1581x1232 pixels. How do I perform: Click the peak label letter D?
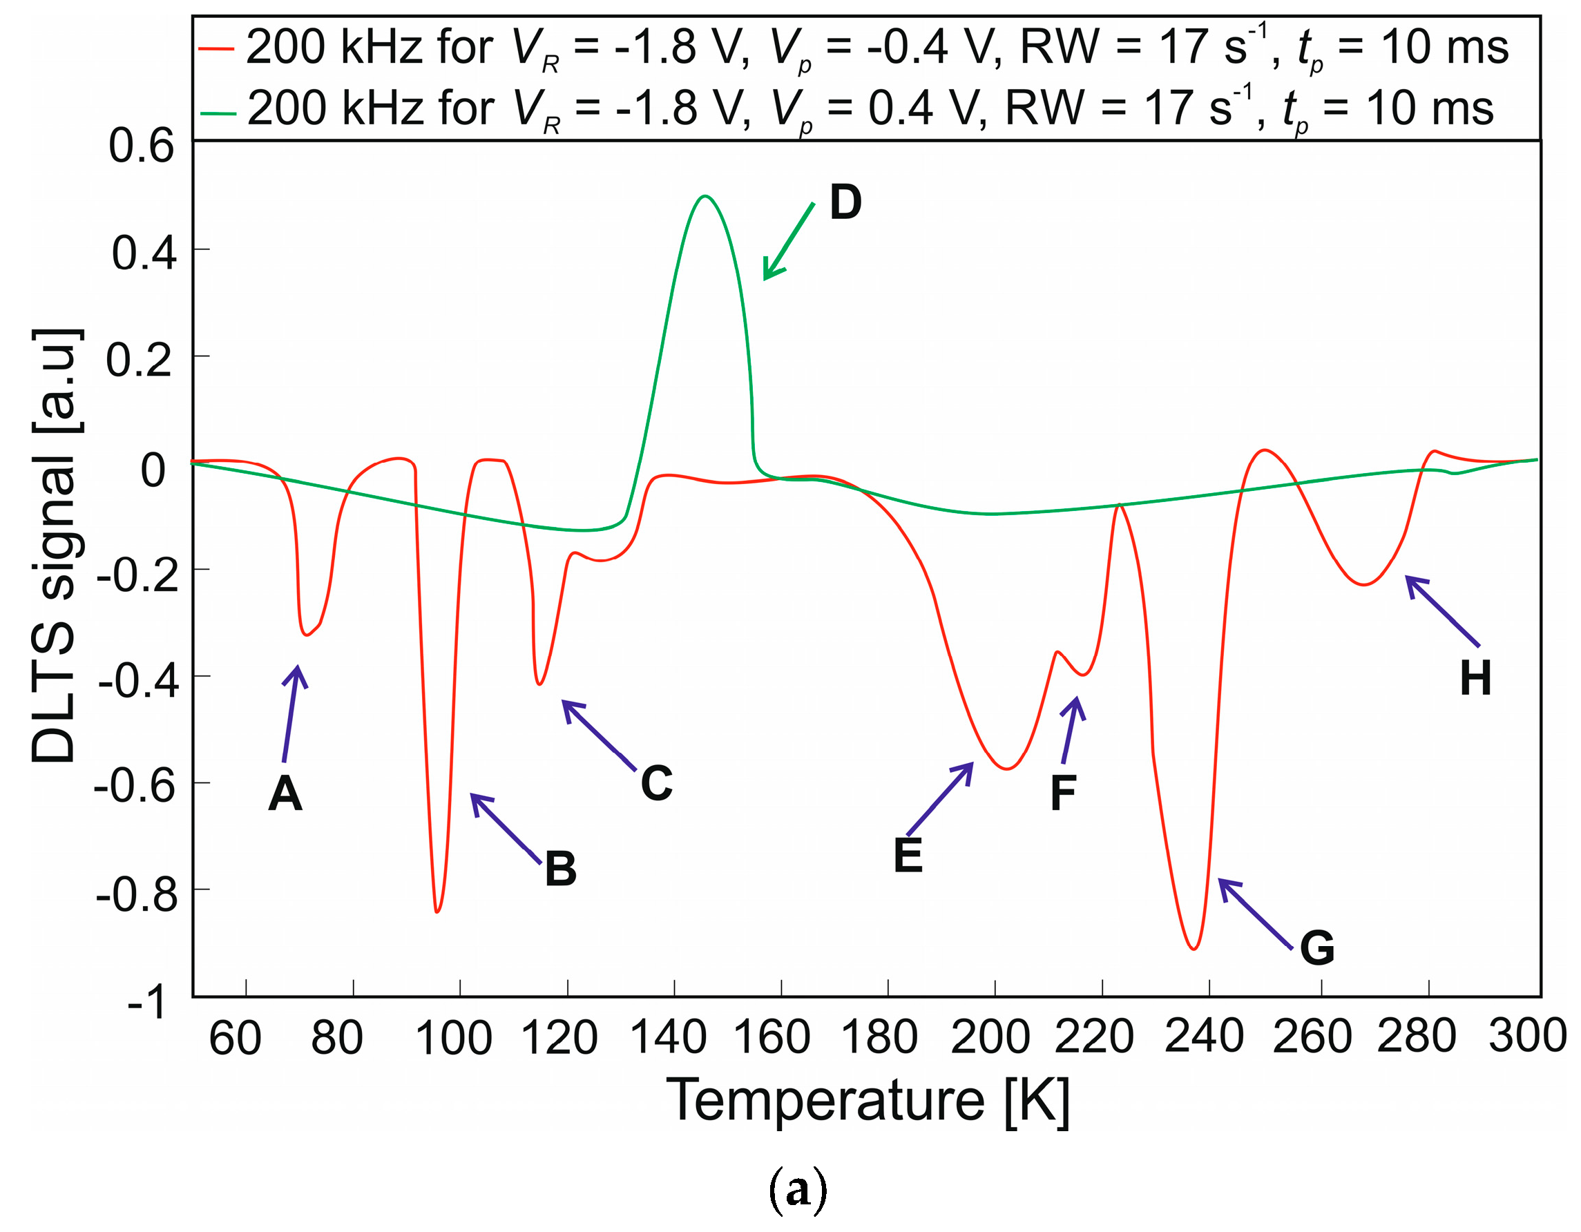tap(845, 202)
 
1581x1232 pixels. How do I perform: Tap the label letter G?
tap(1316, 948)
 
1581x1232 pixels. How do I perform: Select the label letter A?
tap(285, 794)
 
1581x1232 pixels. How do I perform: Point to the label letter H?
tap(1475, 679)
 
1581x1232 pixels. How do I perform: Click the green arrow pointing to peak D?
tap(788, 242)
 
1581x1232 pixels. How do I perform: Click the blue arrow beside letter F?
tap(1071, 731)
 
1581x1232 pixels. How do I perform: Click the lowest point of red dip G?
tap(1194, 949)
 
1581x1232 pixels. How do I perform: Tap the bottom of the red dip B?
tap(437, 912)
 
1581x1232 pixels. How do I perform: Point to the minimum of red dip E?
tap(1007, 769)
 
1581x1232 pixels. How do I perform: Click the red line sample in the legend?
tap(215, 49)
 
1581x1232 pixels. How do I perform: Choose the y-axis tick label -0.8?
tap(137, 896)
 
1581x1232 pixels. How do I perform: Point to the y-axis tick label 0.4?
tap(144, 254)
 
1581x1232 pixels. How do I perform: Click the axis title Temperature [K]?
tap(867, 1101)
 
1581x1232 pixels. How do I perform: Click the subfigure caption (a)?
tap(797, 1190)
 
